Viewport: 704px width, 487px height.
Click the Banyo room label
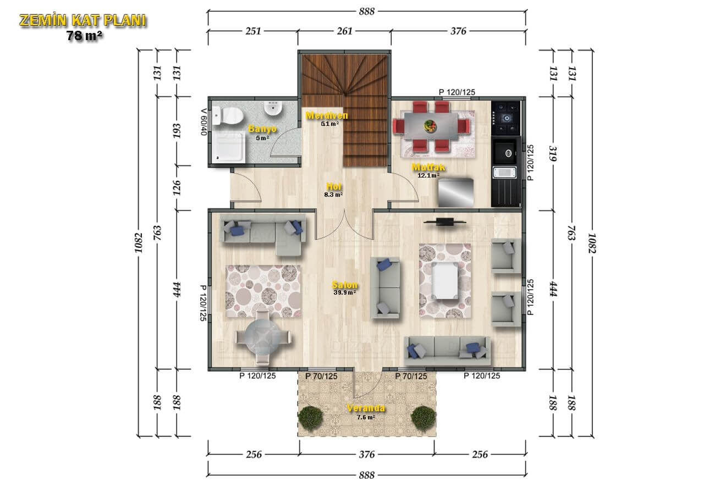click(262, 129)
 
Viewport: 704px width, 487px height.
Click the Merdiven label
click(327, 115)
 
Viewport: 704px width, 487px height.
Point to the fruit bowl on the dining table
click(430, 126)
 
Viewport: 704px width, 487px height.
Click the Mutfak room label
click(428, 167)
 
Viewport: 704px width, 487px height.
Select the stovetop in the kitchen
click(505, 118)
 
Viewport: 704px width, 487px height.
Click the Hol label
click(333, 186)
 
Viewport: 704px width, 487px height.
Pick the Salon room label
click(345, 285)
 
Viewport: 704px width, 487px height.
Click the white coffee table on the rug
click(445, 280)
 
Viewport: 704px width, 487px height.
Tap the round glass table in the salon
click(263, 337)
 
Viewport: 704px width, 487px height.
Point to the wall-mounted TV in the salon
click(444, 222)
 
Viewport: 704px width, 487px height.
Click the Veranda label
click(366, 408)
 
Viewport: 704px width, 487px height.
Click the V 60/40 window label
click(204, 122)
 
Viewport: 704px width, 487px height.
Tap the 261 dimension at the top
click(344, 31)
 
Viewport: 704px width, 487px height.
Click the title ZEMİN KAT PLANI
click(83, 20)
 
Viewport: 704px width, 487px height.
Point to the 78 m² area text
click(84, 36)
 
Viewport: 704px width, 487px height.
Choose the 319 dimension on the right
click(553, 153)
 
